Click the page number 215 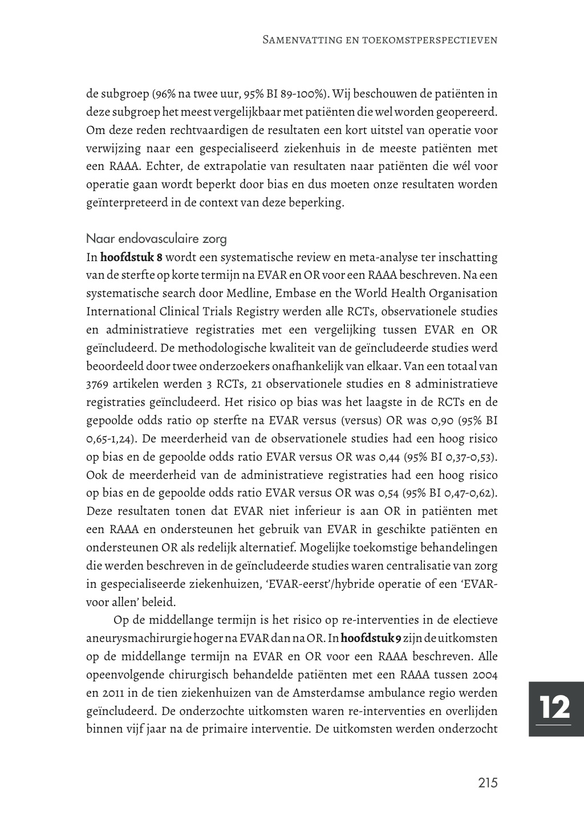(x=488, y=783)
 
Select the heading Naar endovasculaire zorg (x=156, y=238)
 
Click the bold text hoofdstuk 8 (x=131, y=257)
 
